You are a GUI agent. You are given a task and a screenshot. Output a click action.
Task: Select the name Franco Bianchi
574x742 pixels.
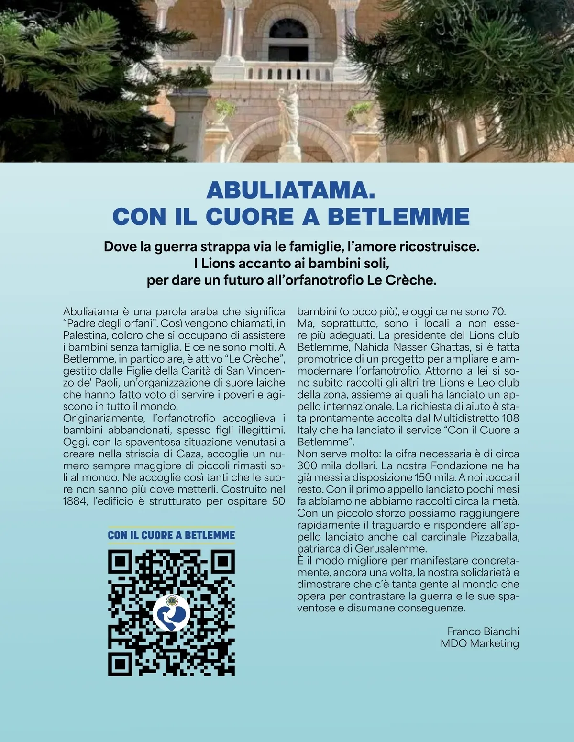(483, 631)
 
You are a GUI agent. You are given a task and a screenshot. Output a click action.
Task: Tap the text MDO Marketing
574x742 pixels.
(479, 643)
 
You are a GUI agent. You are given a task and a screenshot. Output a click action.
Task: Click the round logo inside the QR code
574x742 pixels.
(171, 613)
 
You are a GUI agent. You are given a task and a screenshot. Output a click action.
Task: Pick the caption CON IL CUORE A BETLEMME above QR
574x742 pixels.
(171, 535)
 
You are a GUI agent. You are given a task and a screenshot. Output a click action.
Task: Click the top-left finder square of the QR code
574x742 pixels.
(120, 562)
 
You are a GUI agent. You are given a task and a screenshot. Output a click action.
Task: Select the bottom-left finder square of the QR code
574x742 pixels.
(120, 664)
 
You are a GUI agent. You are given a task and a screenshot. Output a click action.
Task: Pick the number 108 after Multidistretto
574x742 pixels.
(510, 418)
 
